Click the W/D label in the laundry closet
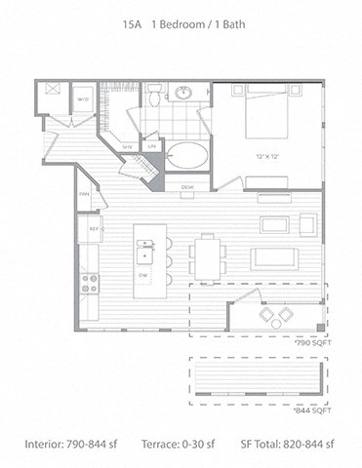pos(83,98)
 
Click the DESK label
pos(188,186)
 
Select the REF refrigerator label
pos(95,230)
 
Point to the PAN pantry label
pos(85,195)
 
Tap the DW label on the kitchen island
pos(142,274)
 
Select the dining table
pos(208,257)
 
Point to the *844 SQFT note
pos(310,411)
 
